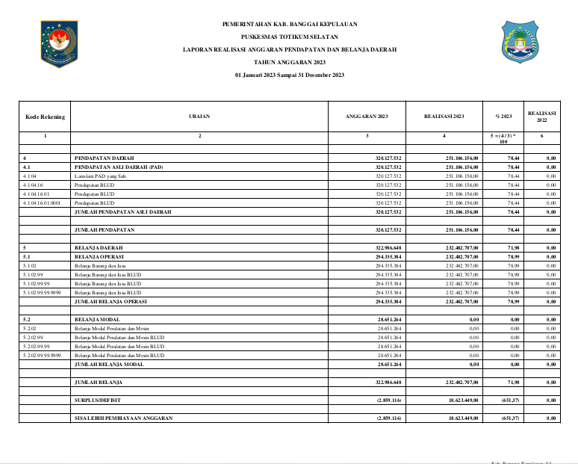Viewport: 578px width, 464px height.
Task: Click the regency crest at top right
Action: click(x=521, y=42)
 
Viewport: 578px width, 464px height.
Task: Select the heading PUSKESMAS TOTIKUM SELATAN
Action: click(x=289, y=36)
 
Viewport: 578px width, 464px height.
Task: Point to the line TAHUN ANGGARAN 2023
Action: click(x=289, y=62)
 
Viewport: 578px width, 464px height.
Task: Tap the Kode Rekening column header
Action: click(x=45, y=117)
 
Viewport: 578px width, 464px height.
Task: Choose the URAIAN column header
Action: click(x=199, y=117)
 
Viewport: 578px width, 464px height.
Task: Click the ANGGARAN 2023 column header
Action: click(x=367, y=117)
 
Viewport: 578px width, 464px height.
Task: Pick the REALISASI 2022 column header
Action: click(x=542, y=117)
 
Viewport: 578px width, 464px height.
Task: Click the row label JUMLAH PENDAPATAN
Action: click(x=104, y=229)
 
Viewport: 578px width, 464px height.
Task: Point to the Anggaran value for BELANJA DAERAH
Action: click(x=388, y=247)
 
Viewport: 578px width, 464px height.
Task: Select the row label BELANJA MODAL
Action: click(x=98, y=319)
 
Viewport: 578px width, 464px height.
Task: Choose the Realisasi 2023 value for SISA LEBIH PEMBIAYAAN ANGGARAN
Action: click(x=462, y=418)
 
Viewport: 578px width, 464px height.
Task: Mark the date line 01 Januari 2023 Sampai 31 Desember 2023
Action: click(x=289, y=75)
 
